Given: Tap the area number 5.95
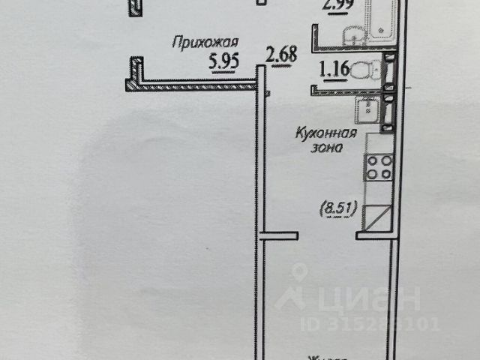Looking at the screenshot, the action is tap(223, 63).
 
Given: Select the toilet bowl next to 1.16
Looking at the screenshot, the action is tap(364, 71).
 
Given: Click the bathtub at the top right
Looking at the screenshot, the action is tap(381, 22).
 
